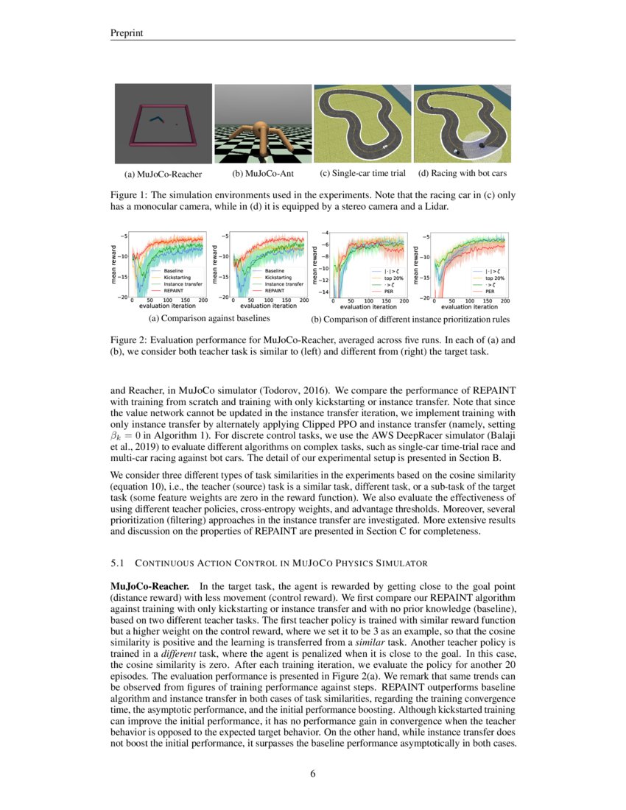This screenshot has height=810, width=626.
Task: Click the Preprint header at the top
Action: click(126, 33)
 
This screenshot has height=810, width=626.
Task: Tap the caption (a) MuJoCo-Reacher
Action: click(158, 175)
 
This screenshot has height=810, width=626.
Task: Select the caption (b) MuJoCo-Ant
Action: click(262, 175)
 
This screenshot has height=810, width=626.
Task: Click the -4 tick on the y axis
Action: click(325, 233)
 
